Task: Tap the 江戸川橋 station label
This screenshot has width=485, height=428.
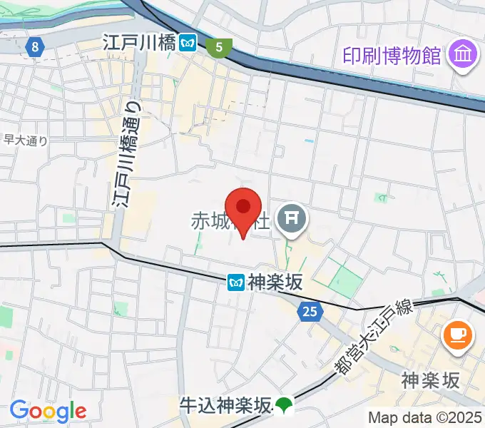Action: click(139, 43)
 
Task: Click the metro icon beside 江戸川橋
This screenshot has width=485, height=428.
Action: click(188, 43)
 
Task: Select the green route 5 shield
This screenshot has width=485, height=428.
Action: click(219, 48)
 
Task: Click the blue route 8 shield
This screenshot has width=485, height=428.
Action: click(35, 48)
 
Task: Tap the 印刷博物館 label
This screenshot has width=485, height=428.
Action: click(392, 54)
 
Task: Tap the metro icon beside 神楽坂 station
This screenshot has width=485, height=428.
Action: click(236, 283)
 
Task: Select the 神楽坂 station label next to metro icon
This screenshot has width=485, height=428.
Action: click(275, 283)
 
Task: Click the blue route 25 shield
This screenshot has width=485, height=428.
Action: click(310, 311)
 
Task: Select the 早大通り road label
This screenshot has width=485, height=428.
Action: click(26, 141)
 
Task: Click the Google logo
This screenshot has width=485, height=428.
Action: click(47, 411)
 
